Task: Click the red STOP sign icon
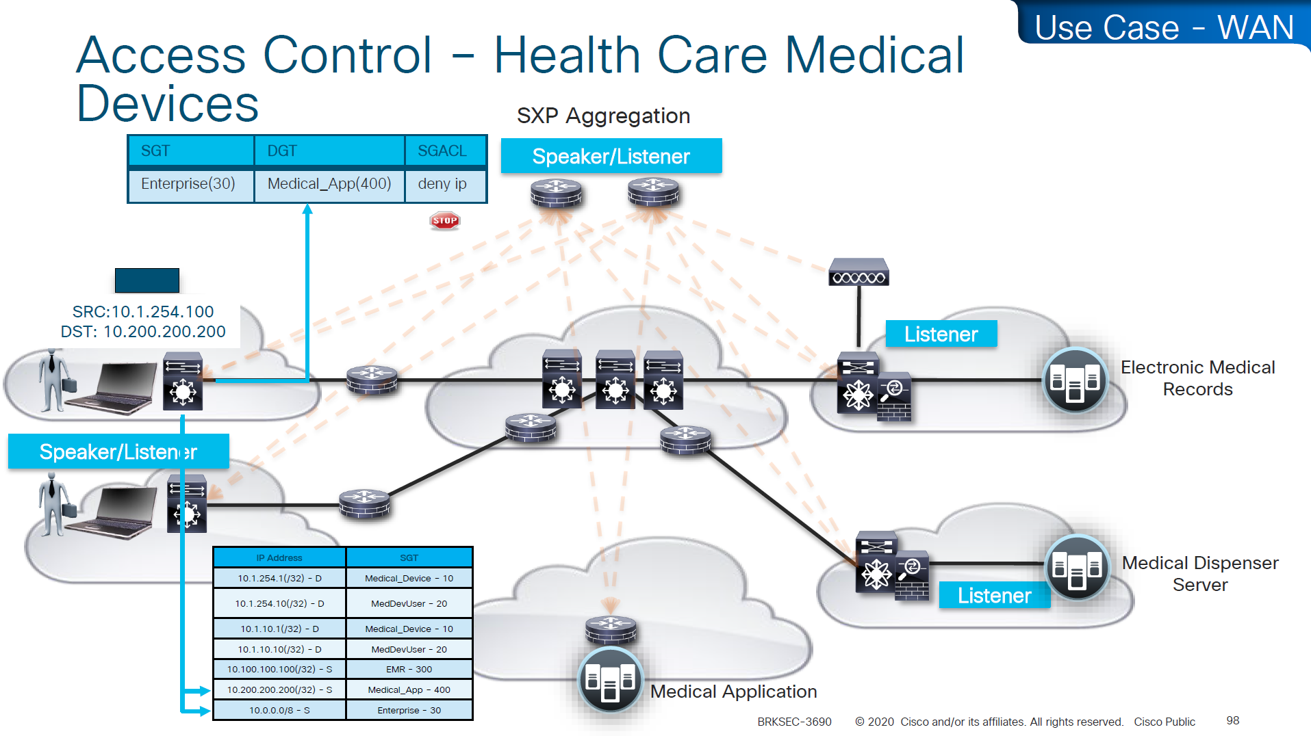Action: pyautogui.click(x=445, y=220)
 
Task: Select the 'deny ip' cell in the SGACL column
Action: pyautogui.click(x=443, y=184)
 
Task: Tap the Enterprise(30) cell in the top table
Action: pyautogui.click(x=188, y=184)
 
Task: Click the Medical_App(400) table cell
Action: pyautogui.click(x=329, y=184)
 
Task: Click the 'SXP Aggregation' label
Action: pyautogui.click(x=603, y=116)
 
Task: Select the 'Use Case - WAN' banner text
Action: pyautogui.click(x=1164, y=28)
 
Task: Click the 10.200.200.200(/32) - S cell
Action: pyautogui.click(x=279, y=689)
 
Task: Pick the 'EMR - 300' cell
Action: pyautogui.click(x=409, y=669)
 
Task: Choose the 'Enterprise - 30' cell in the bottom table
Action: pyautogui.click(x=409, y=710)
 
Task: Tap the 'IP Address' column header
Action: pyautogui.click(x=279, y=557)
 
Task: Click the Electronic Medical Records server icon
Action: pyautogui.click(x=1074, y=380)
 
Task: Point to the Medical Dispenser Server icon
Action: pyautogui.click(x=1077, y=567)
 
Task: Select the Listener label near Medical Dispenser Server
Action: pyautogui.click(x=994, y=595)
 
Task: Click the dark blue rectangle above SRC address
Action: pyautogui.click(x=147, y=280)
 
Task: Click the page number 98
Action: pyautogui.click(x=1232, y=720)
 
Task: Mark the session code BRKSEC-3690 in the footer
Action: pyautogui.click(x=794, y=722)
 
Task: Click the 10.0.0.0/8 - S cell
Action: pyautogui.click(x=279, y=710)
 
